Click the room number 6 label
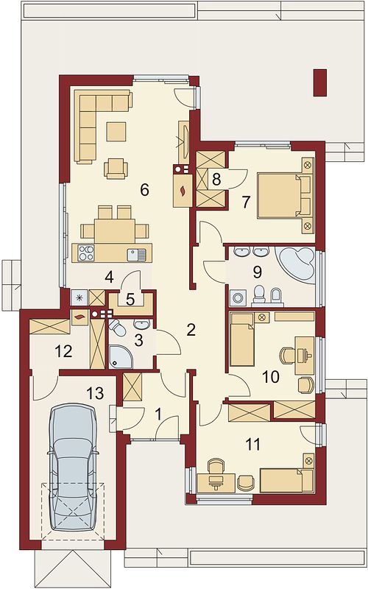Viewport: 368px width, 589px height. point(144,190)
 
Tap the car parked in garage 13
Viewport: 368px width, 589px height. point(73,468)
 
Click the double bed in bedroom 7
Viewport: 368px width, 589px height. point(281,195)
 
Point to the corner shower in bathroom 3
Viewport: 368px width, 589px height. point(121,356)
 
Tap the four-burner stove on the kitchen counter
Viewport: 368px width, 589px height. point(86,253)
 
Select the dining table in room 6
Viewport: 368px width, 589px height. point(115,230)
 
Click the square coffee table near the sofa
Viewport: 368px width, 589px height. point(116,132)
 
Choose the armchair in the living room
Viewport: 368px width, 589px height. point(116,168)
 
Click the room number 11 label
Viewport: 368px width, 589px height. point(252,445)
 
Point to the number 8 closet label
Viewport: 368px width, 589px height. point(216,179)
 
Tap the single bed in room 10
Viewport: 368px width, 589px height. point(242,340)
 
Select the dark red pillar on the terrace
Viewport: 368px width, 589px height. point(321,82)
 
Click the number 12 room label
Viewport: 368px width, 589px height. point(63,352)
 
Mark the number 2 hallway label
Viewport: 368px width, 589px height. point(191,330)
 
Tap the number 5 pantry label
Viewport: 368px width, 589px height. point(130,300)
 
